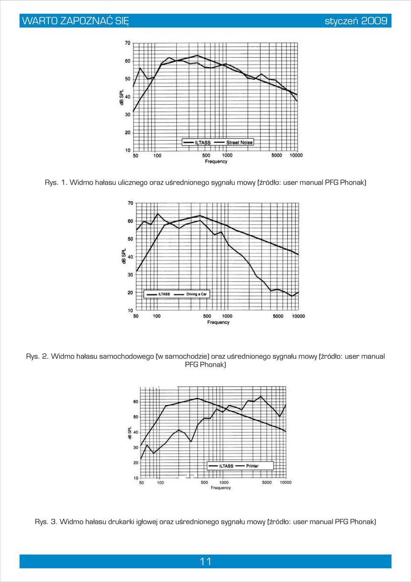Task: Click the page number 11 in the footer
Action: point(205,561)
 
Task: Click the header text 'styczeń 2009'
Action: point(356,21)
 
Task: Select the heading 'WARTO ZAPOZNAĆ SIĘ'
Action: point(75,21)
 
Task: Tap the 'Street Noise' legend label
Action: point(239,142)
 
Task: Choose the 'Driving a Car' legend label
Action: point(197,294)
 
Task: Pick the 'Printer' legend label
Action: point(252,466)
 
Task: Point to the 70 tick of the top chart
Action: point(128,43)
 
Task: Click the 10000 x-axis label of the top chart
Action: point(296,156)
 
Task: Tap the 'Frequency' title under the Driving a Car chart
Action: point(218,322)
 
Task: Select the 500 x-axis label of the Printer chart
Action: point(205,483)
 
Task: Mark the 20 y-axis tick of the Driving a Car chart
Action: point(130,293)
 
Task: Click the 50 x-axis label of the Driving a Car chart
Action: point(136,316)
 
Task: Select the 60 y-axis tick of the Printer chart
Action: point(136,402)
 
